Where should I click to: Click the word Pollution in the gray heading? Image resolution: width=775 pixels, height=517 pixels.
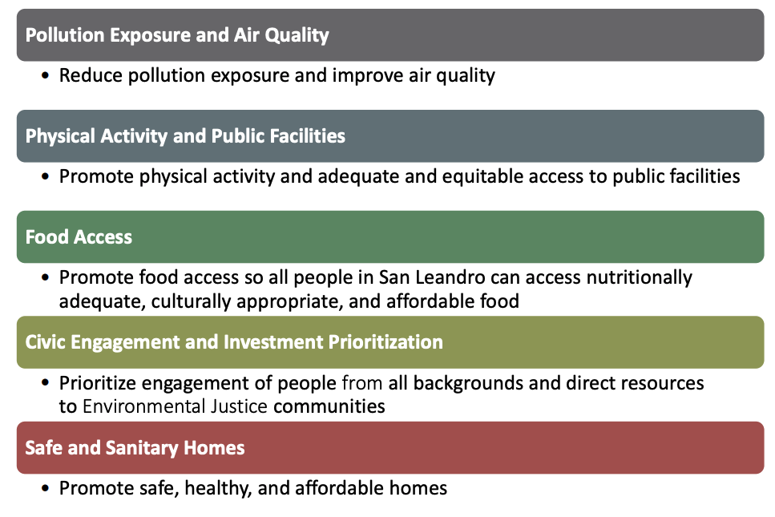click(64, 35)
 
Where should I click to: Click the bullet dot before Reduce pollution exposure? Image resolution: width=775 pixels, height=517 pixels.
click(46, 75)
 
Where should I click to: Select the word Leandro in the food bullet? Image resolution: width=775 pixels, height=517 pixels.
click(450, 277)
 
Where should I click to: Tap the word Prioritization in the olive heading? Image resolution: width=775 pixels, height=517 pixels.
click(385, 342)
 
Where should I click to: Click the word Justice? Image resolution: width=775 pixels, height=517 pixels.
click(239, 406)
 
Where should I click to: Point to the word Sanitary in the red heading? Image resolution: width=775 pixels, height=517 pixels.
click(141, 448)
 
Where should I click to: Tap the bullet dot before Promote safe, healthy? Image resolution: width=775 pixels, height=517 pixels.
click(46, 488)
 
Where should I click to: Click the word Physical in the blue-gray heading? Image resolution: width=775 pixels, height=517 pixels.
click(60, 136)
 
